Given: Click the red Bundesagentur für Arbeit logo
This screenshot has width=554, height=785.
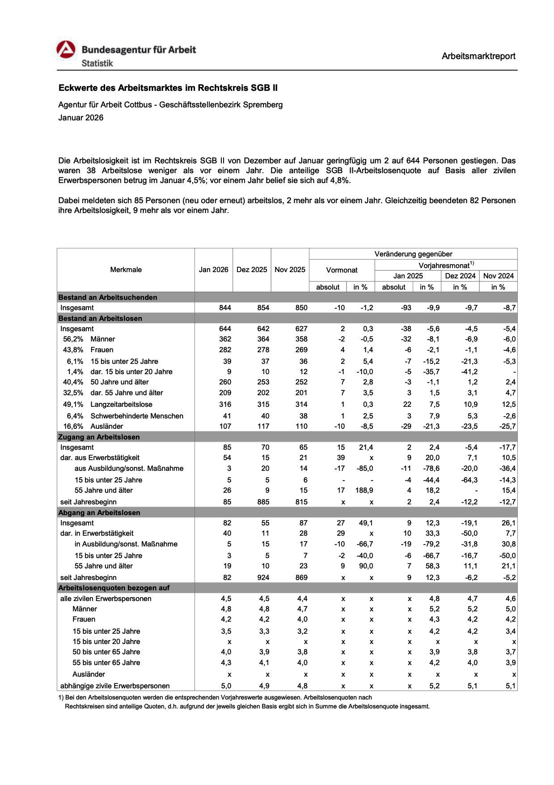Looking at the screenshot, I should pyautogui.click(x=66, y=50).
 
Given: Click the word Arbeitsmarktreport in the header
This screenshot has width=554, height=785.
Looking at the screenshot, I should pyautogui.click(x=478, y=56).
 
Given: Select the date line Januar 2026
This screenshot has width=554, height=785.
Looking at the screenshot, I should pyautogui.click(x=80, y=118).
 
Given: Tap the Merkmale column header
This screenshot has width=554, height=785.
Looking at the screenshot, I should pyautogui.click(x=126, y=269).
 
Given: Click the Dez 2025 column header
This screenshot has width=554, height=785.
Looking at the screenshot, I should pyautogui.click(x=252, y=269).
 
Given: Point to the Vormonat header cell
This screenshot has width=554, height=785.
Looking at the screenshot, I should pyautogui.click(x=342, y=270).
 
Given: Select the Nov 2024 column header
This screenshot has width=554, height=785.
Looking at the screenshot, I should pyautogui.click(x=498, y=276).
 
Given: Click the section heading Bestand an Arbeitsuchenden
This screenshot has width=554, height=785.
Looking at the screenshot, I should pyautogui.click(x=108, y=297).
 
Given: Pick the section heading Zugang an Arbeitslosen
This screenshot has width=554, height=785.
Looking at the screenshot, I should pyautogui.click(x=99, y=437).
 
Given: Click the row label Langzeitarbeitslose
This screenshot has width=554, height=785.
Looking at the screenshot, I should pyautogui.click(x=121, y=404).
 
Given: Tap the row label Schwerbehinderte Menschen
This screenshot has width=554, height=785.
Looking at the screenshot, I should pyautogui.click(x=137, y=416).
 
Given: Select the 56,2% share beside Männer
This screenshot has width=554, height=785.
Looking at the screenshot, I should pyautogui.click(x=73, y=339).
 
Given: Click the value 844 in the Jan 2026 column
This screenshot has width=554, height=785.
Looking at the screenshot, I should pyautogui.click(x=225, y=307).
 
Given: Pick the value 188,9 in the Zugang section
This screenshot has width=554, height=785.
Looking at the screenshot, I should pyautogui.click(x=364, y=490).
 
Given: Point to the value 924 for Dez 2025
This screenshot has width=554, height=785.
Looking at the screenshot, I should pyautogui.click(x=263, y=577).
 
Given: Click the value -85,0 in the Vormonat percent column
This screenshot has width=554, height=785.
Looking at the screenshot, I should pyautogui.click(x=364, y=468).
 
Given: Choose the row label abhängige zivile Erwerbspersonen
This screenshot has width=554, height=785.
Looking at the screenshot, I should pyautogui.click(x=115, y=686).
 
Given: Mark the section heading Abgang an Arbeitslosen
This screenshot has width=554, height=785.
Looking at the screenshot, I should pyautogui.click(x=99, y=512).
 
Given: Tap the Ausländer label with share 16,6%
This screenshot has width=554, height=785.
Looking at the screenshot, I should pyautogui.click(x=106, y=426).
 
